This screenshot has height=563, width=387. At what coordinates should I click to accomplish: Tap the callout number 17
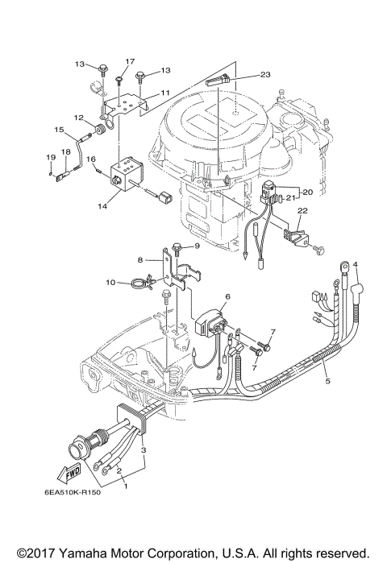click(130, 61)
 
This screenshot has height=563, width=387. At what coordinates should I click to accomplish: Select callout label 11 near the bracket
click(164, 93)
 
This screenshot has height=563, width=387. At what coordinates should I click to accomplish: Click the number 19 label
click(49, 156)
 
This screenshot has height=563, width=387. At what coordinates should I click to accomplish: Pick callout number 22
click(302, 210)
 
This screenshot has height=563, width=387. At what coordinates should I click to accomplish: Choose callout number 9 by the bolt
click(196, 245)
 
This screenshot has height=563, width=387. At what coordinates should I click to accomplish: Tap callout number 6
click(227, 297)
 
